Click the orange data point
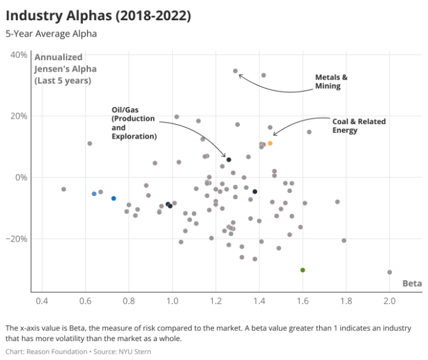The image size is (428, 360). (270, 144)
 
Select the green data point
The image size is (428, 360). (303, 270)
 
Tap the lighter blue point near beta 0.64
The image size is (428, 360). (94, 194)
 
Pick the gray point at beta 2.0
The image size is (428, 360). (389, 272)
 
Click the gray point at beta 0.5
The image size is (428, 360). (64, 189)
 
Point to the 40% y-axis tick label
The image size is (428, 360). (19, 55)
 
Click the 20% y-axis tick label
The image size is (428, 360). (19, 116)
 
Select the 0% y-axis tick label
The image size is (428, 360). (21, 178)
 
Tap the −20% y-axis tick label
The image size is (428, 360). (17, 239)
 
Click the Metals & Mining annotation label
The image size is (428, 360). (332, 82)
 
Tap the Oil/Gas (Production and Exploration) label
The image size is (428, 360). (134, 123)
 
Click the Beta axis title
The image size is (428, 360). (412, 283)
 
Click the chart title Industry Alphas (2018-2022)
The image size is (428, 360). (98, 14)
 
